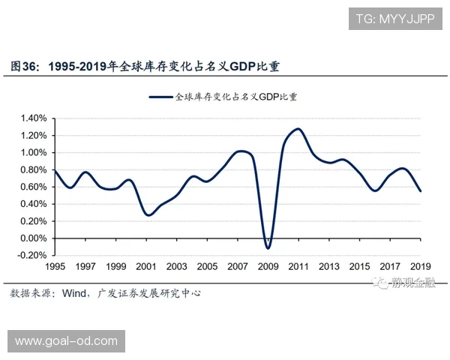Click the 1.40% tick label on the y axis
click(34, 118)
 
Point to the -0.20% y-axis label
click(31, 255)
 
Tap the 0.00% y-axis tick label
click(34, 238)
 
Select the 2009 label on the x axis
click(268, 267)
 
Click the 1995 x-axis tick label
click(55, 267)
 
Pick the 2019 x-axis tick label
click(421, 267)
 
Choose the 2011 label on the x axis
click(298, 267)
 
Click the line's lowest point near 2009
click(268, 248)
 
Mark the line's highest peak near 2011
click(298, 128)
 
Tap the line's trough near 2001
click(148, 215)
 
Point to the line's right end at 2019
click(421, 191)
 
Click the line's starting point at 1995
click(55, 170)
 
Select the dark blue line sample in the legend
click(160, 97)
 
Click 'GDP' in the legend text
click(269, 97)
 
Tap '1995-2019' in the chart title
click(77, 66)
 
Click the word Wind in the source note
click(74, 293)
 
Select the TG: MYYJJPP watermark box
click(395, 19)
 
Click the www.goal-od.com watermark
click(66, 341)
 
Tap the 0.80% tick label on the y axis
click(34, 169)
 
